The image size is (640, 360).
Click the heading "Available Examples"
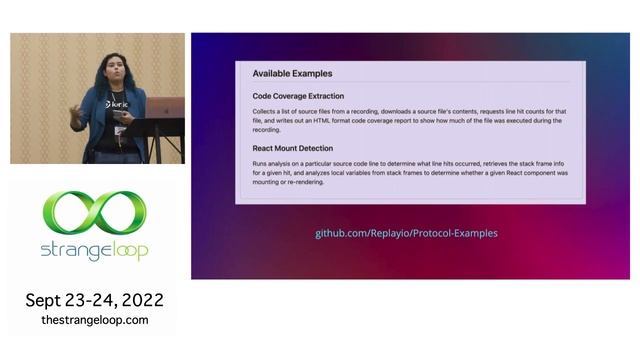292,73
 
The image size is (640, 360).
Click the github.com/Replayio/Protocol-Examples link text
406,233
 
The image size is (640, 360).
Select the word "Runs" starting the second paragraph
260,162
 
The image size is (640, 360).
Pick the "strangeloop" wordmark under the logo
94,251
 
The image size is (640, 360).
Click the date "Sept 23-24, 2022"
94,300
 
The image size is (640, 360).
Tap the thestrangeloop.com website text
94,320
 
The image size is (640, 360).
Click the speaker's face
109,73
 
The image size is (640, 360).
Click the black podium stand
160,140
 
